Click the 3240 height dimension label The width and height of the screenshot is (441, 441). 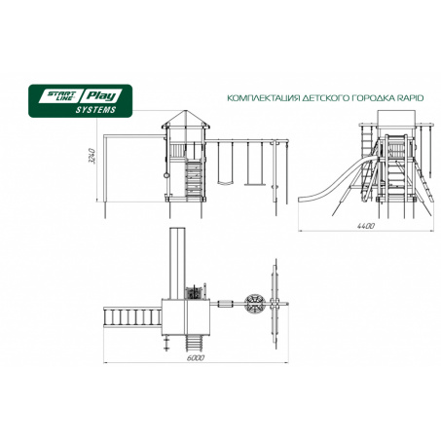point(92,156)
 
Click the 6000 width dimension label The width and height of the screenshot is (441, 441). point(196,358)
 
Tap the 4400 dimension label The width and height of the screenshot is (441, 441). point(366,226)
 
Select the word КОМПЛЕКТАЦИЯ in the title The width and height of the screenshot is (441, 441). point(263,98)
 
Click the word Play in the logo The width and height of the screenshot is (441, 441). point(101,96)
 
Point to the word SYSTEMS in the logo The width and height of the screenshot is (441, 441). point(95,110)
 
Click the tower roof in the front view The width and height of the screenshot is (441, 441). point(186,119)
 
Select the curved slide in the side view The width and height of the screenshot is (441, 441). point(338,180)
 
